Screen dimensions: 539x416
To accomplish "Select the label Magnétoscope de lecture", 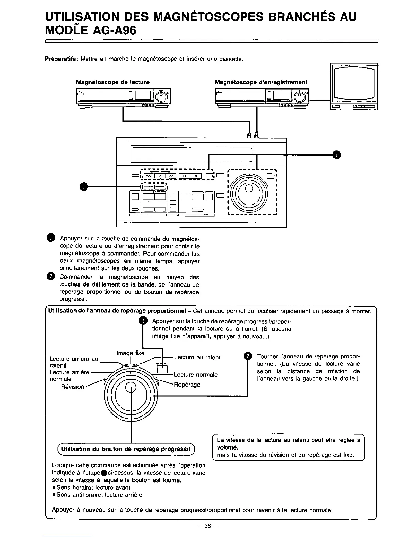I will (112, 82).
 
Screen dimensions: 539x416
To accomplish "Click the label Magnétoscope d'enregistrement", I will (261, 82).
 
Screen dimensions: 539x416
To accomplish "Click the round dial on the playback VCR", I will (162, 97).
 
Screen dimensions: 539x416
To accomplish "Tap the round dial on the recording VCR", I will (300, 97).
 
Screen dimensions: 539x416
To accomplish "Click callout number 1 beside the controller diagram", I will (83, 187).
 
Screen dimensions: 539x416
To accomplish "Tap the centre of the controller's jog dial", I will (249, 189).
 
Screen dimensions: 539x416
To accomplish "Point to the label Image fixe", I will (130, 353).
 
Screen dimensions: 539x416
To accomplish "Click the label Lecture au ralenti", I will (198, 357).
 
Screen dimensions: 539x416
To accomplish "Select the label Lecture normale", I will (196, 375).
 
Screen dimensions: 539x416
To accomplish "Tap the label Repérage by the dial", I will (187, 385).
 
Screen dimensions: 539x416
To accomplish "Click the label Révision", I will (72, 387).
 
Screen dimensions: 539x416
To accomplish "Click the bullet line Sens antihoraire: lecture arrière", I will (99, 495).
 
